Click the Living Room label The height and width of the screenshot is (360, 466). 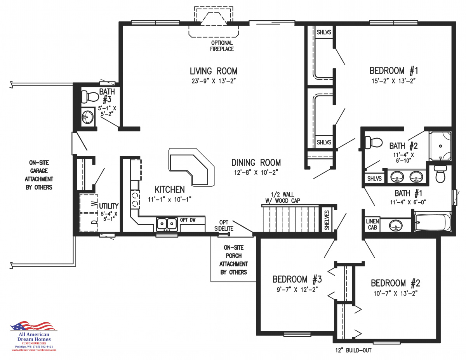213,71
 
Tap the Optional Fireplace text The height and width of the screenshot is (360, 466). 222,46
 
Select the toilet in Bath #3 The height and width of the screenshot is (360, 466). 90,97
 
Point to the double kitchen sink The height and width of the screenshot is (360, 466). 167,224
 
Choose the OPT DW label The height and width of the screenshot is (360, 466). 188,220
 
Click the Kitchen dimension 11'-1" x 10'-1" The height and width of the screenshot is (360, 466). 169,199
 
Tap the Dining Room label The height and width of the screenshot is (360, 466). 256,163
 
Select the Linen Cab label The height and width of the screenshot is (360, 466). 372,224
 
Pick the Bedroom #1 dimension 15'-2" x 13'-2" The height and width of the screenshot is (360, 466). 393,81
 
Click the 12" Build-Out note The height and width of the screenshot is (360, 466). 353,351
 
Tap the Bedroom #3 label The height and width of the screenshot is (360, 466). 297,279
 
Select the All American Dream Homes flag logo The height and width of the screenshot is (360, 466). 33,326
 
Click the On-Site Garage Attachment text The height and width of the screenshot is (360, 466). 39,175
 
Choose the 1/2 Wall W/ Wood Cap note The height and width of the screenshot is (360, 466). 283,197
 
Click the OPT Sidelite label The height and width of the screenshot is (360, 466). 224,225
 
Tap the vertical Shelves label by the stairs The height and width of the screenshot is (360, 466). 327,220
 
